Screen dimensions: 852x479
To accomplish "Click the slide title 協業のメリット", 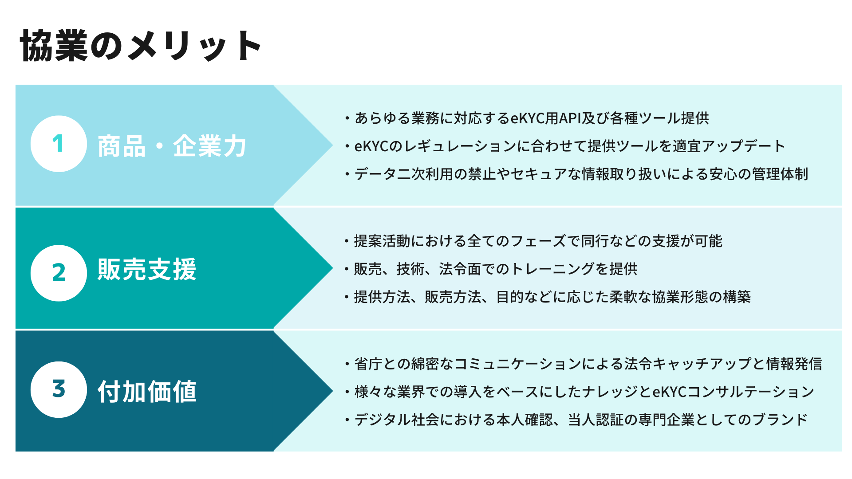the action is pos(141,46).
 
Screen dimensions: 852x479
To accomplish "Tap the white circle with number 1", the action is pos(59,144).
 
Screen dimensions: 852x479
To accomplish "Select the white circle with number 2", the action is pos(59,273).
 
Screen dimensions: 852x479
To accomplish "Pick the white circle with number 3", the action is pos(59,389).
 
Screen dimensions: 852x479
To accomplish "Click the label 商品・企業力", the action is pos(172,146).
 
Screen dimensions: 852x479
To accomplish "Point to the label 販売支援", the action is pos(147,269).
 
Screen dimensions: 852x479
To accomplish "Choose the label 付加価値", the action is pos(147,392).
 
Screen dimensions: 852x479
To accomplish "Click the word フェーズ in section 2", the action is pos(538,241).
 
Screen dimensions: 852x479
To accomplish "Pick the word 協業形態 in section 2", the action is pos(680,297).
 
